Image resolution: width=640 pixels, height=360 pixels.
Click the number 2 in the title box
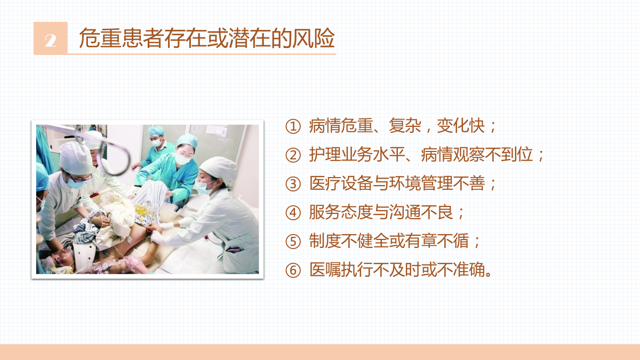point(51,41)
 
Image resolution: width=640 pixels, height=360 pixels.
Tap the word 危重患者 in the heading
point(122,38)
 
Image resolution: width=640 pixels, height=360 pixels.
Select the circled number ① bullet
point(293,126)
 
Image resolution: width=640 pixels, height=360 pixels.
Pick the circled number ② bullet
point(293,155)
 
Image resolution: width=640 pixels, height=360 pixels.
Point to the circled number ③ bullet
point(293,184)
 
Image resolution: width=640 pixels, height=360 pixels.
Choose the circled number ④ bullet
point(293,213)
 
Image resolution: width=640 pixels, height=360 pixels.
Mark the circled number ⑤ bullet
point(293,242)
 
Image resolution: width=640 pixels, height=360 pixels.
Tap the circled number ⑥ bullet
point(293,270)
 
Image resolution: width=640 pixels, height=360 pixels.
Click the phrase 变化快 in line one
point(461,126)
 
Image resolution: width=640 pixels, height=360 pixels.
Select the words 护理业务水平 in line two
point(357,155)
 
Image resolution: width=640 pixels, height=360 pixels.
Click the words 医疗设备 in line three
point(341,183)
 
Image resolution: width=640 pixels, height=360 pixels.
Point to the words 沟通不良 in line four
point(421,212)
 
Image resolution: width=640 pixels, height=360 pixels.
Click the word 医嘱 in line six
point(325,269)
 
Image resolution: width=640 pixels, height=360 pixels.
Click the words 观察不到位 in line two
point(493,155)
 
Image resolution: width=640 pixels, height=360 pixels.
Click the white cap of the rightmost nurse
point(220,169)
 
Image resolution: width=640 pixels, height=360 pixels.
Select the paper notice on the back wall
point(217,131)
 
